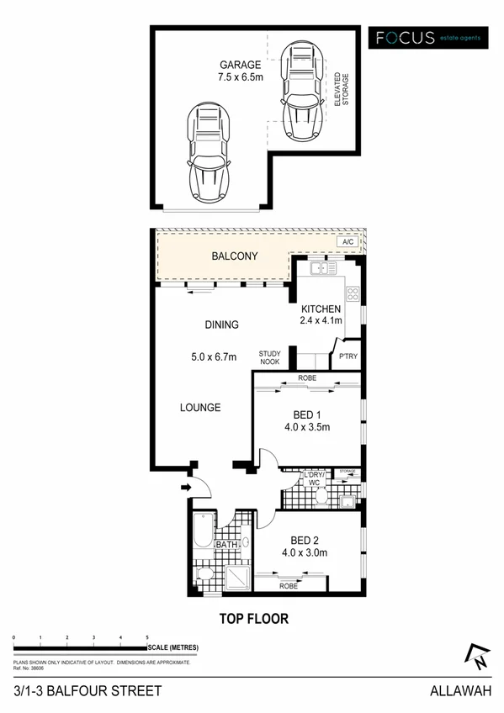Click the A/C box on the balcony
(347, 242)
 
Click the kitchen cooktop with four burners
(353, 295)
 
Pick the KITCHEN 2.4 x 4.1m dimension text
(321, 314)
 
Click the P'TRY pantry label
(348, 356)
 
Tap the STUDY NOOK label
(269, 358)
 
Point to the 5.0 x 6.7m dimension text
(215, 356)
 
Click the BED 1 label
(305, 415)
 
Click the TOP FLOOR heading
(254, 619)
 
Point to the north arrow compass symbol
(475, 657)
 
